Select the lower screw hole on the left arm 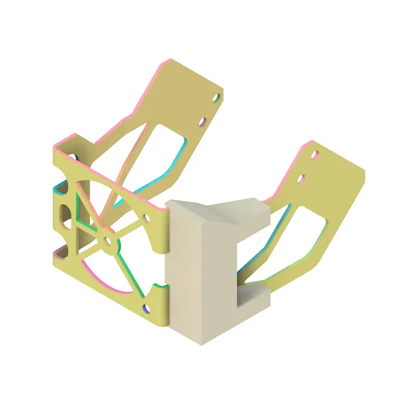pyautogui.click(x=203, y=121)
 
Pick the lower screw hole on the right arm pyautogui.click(x=302, y=178)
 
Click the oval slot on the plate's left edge pyautogui.click(x=65, y=214)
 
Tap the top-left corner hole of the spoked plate pyautogui.click(x=73, y=158)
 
